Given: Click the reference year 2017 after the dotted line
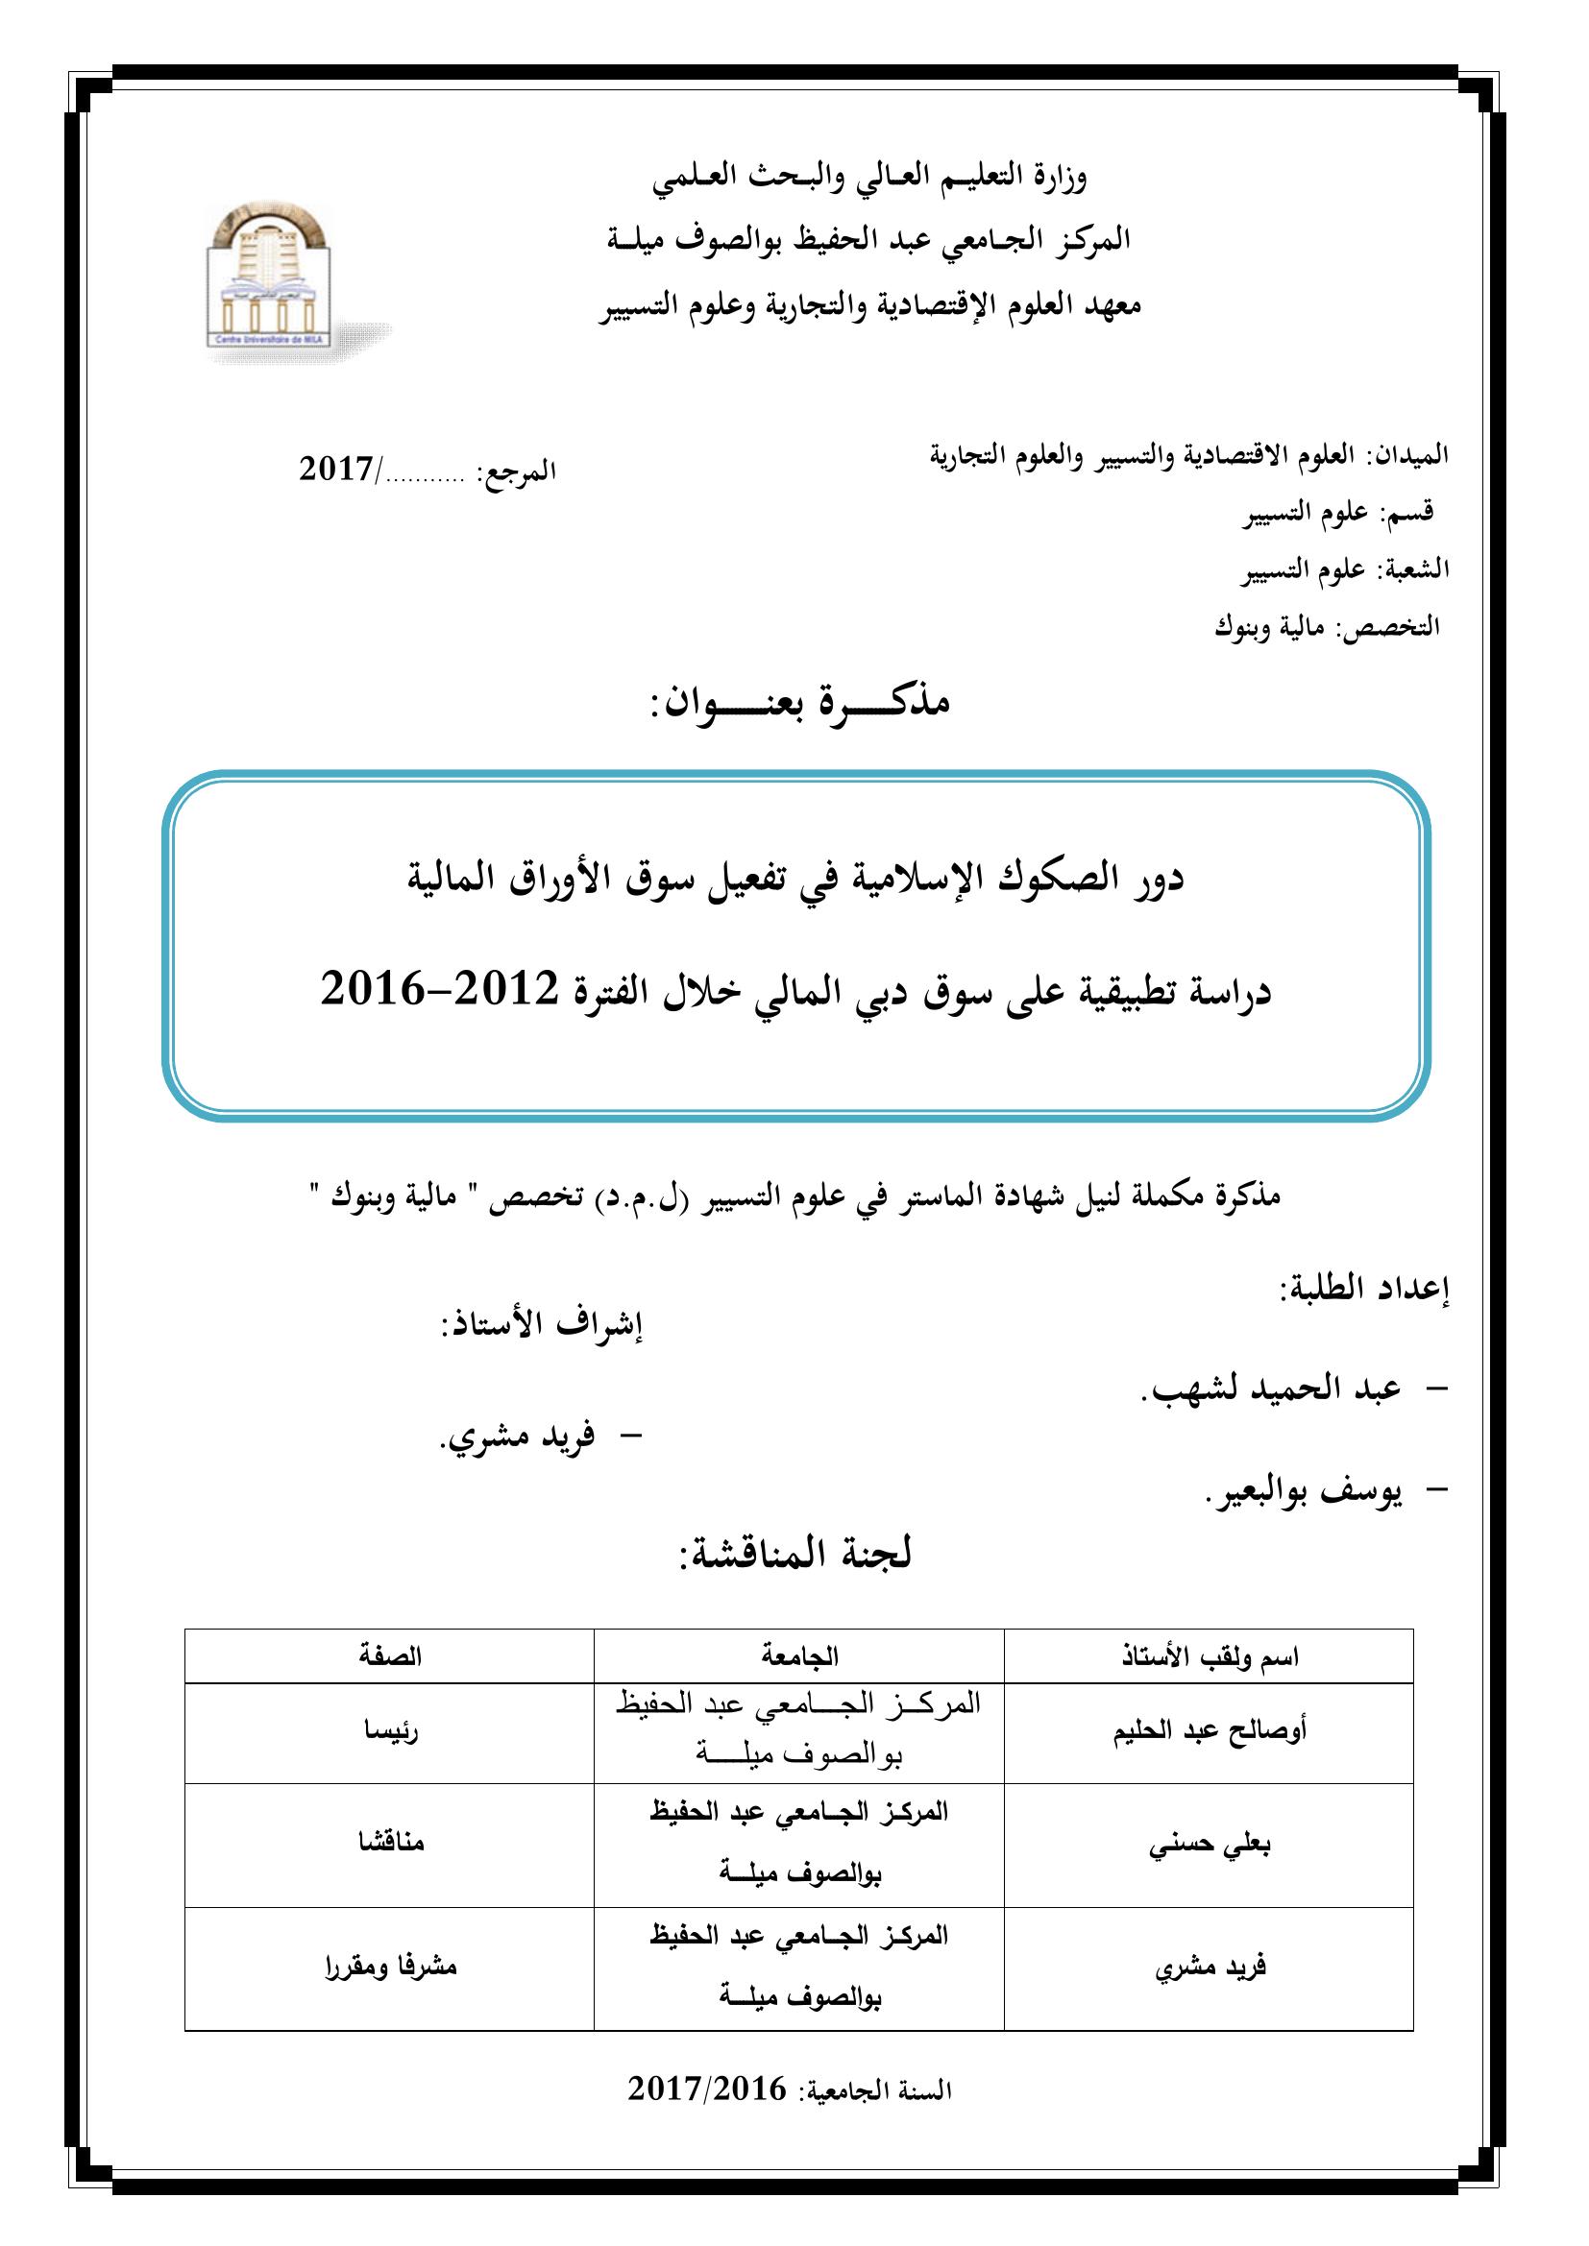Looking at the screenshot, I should pos(335,471).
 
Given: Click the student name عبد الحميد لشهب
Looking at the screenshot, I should pos(1271,1389).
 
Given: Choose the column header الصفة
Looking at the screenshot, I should pos(389,1656).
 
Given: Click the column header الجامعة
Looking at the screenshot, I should pos(799,1656).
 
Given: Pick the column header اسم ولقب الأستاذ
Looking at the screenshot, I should pos(1210,1656).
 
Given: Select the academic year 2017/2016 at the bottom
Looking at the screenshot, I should pos(706,2090).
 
